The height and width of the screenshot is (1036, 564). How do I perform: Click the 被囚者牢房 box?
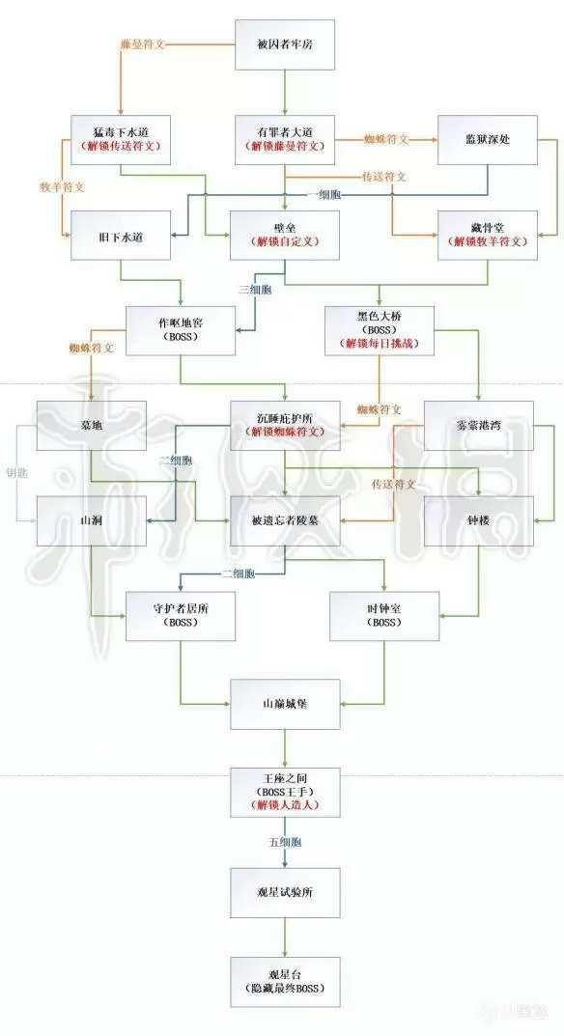(x=284, y=43)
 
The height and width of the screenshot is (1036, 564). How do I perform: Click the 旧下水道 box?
(x=121, y=235)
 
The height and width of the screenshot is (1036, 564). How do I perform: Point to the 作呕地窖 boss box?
(x=180, y=330)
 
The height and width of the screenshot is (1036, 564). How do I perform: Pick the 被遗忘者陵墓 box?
(x=284, y=520)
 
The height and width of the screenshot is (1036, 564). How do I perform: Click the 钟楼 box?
(x=480, y=520)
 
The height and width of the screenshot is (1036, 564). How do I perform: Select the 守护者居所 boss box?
(x=180, y=615)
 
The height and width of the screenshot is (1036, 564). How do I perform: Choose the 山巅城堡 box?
(x=284, y=704)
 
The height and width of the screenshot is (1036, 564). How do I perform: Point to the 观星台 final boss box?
(x=284, y=981)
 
